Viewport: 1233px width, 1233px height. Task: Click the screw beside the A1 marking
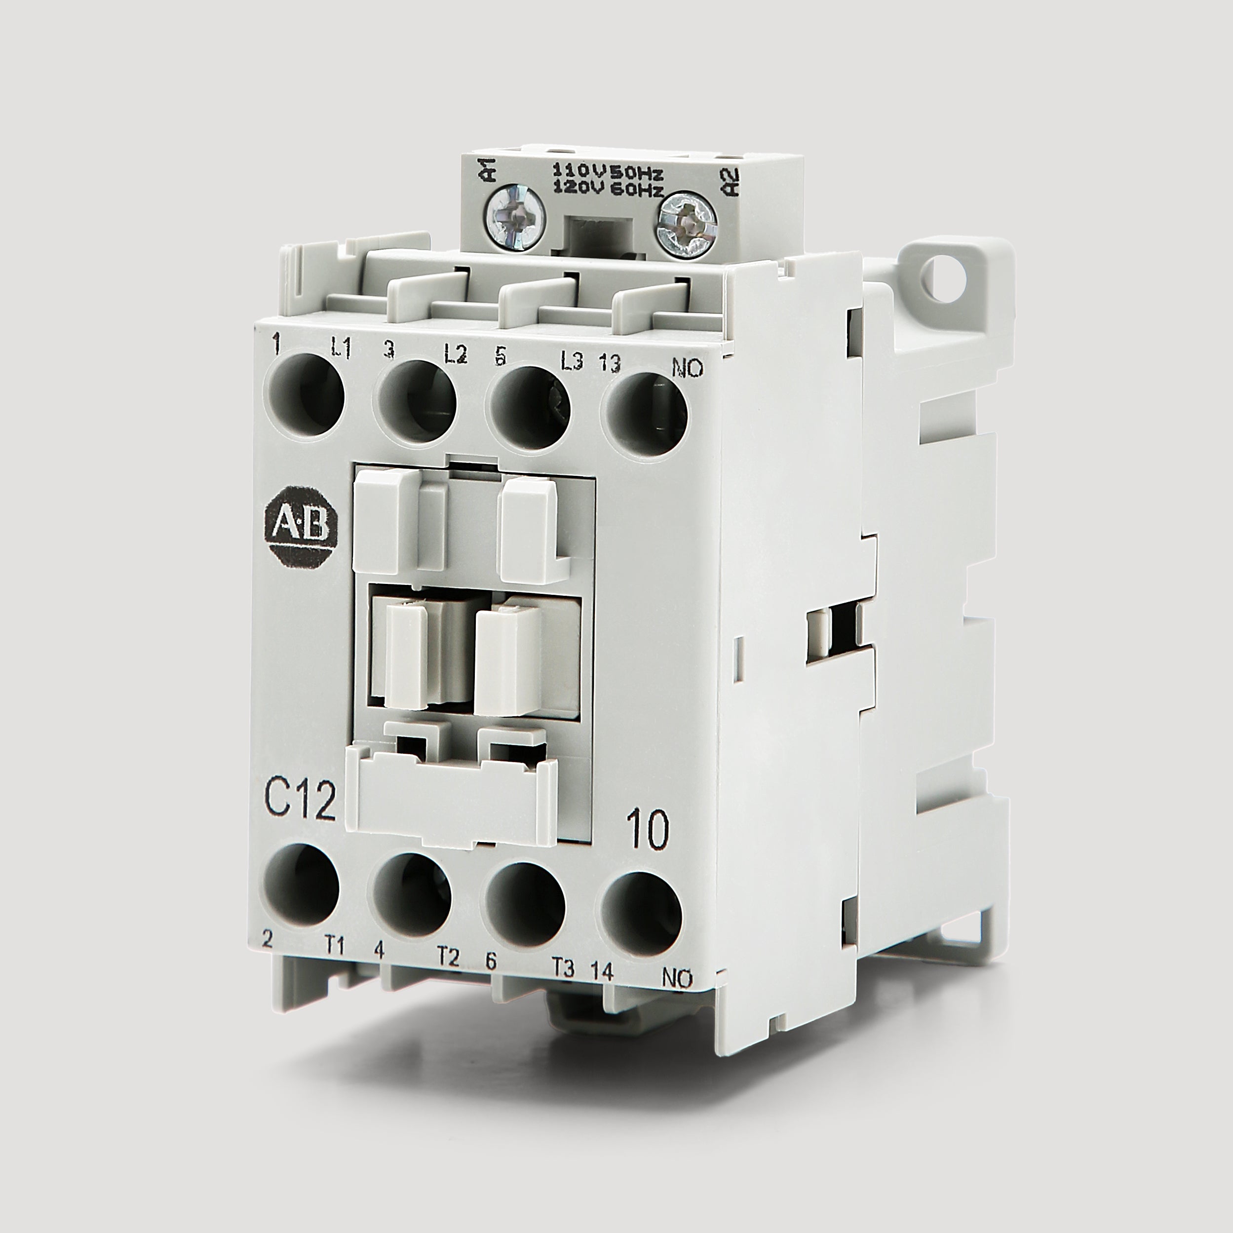click(x=516, y=218)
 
